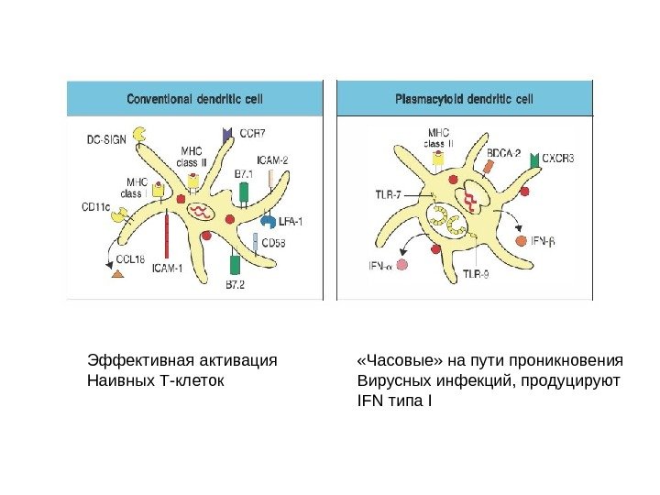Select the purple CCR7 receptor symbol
(x=227, y=135)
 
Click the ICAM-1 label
(x=167, y=269)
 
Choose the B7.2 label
(x=236, y=286)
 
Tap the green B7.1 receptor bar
(x=244, y=193)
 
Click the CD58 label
(x=274, y=243)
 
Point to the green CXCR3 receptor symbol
(x=534, y=160)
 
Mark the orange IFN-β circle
(x=522, y=242)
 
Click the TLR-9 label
(x=476, y=273)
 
